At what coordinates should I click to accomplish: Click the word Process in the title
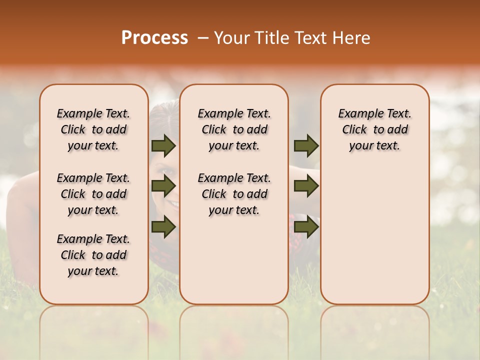(154, 37)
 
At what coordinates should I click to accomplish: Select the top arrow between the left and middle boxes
(163, 146)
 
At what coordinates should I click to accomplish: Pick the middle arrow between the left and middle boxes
(163, 186)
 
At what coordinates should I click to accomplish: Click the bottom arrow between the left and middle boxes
(163, 226)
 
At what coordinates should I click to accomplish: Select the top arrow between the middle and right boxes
(306, 146)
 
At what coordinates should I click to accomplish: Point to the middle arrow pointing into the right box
(306, 186)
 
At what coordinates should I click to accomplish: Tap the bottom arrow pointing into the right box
(306, 226)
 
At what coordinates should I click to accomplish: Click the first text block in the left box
(93, 129)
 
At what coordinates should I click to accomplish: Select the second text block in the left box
(93, 194)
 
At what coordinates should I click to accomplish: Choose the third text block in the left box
(93, 255)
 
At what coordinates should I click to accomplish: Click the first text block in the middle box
(234, 129)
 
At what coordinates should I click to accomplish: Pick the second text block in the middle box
(234, 194)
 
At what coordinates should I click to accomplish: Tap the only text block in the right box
(374, 129)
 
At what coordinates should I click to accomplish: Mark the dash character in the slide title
(203, 38)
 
